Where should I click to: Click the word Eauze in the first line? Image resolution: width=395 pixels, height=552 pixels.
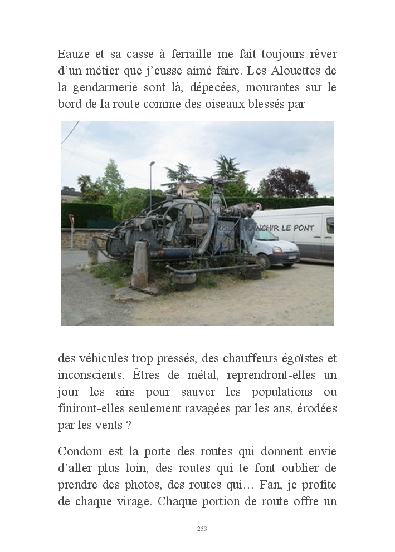pos(72,55)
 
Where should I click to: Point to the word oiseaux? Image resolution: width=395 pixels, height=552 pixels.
pos(230,104)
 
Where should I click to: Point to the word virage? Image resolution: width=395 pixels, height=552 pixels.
pos(135,501)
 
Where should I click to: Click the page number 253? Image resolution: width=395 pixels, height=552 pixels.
pos(202,529)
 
